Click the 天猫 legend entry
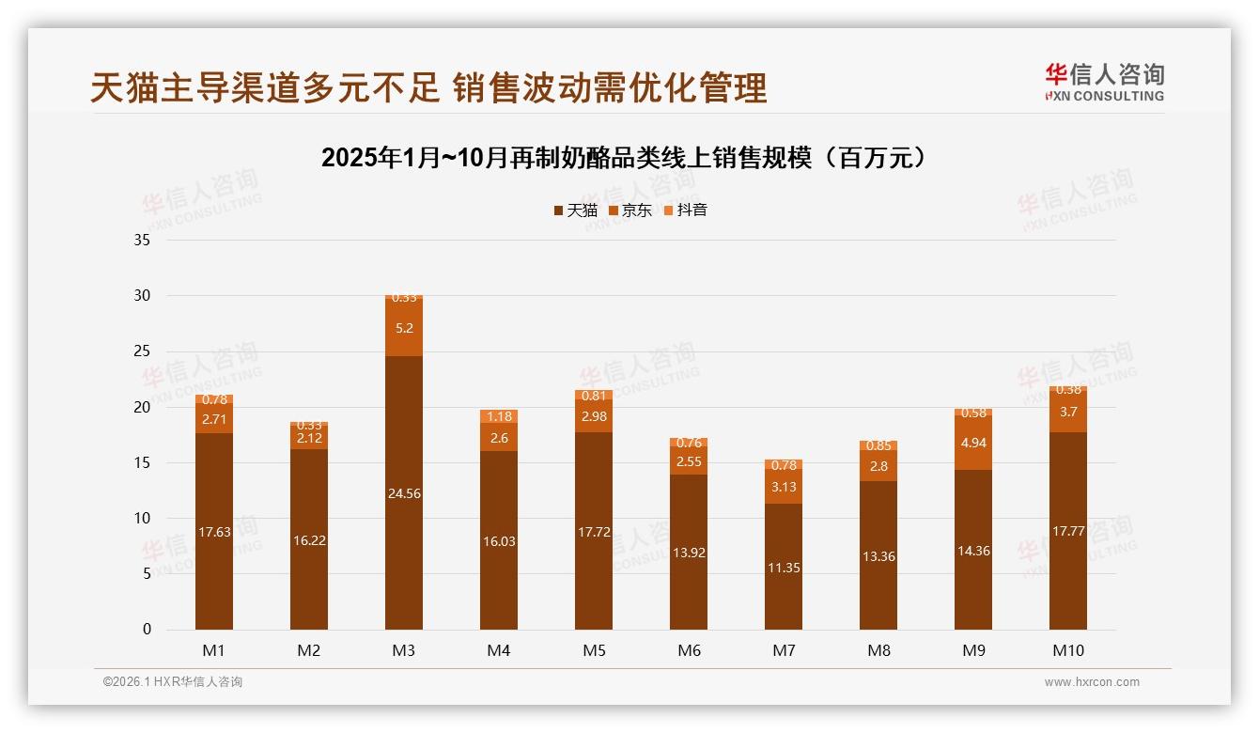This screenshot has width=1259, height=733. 575,211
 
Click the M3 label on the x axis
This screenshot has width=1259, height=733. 404,650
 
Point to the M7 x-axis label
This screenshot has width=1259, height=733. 784,650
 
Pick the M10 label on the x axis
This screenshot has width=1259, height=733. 1068,650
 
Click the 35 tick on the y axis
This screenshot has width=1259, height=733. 142,241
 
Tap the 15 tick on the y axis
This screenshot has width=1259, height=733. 142,462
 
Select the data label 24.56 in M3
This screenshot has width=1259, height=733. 404,493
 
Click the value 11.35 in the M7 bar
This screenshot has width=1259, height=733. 784,568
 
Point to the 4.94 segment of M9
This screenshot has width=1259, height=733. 973,443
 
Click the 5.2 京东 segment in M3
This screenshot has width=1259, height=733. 404,328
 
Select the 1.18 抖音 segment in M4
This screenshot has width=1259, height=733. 499,416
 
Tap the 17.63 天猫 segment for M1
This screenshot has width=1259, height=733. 214,532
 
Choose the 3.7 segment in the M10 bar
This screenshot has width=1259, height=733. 1068,412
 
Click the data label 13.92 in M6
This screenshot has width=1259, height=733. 689,553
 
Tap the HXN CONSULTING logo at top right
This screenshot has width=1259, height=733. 1104,83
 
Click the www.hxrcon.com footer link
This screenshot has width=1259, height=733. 1092,682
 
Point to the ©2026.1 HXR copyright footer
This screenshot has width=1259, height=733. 173,682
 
